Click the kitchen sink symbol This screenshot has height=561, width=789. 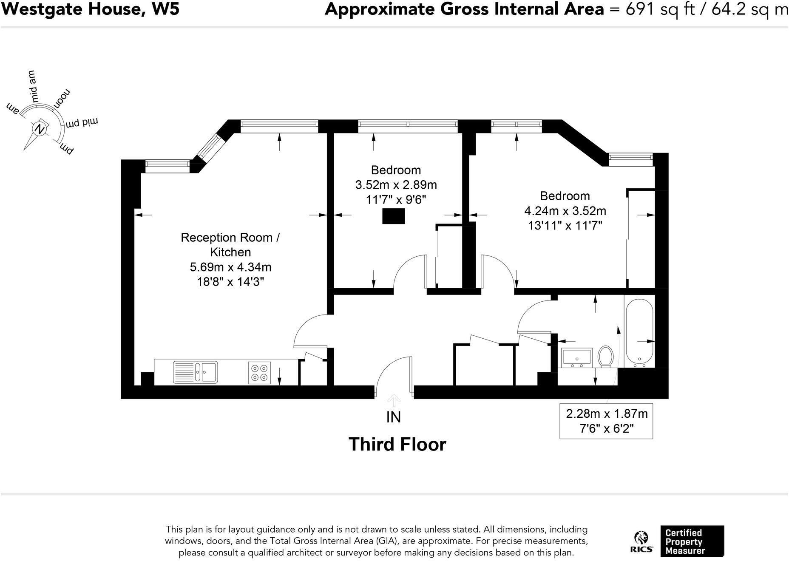tap(196, 372)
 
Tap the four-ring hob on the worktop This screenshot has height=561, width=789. tap(259, 372)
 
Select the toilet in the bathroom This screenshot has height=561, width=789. tap(605, 356)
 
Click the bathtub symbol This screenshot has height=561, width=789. tap(639, 334)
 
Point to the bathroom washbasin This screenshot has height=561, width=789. tap(577, 357)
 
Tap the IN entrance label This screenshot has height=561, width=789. tap(394, 417)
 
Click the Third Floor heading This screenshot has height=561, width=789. tap(397, 445)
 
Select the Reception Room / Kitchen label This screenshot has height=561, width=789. tap(230, 244)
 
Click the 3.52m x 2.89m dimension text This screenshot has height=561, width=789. tap(396, 185)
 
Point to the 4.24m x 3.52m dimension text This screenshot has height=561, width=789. tap(565, 211)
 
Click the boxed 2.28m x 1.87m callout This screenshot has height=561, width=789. tap(606, 421)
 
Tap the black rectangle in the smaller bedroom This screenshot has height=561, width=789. tap(393, 216)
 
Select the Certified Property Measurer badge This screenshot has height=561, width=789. tap(692, 541)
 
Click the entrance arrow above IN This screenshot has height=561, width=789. tap(394, 400)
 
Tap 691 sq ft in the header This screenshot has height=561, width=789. tap(658, 9)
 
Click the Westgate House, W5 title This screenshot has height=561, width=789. tap(90, 9)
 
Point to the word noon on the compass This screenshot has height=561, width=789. tap(62, 99)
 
